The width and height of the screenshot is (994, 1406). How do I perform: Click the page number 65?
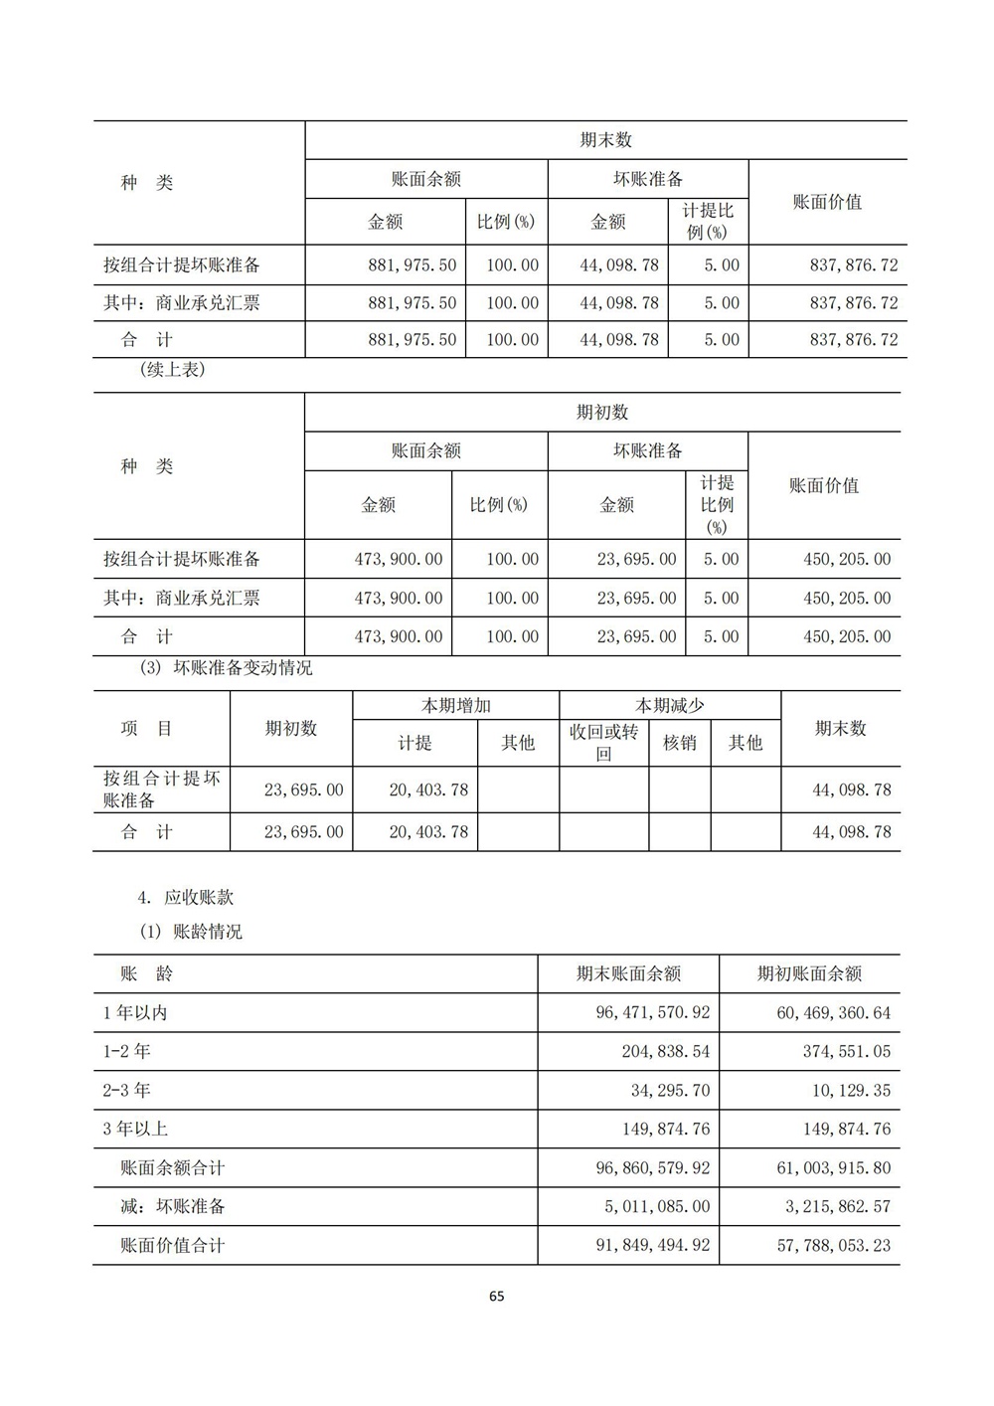[497, 1296]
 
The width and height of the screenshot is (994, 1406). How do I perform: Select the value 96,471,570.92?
[653, 1013]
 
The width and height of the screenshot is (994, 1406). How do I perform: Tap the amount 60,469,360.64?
[834, 1013]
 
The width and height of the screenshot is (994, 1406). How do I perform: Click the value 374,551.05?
[847, 1051]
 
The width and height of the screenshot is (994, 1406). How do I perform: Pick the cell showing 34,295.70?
[670, 1090]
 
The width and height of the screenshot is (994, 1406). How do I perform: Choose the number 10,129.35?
[851, 1090]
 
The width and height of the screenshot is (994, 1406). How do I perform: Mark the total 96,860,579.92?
[653, 1167]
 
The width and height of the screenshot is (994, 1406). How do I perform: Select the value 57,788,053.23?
[834, 1245]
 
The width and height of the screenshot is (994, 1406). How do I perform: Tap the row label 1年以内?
[135, 1013]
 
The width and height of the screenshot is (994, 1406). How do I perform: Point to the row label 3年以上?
[135, 1129]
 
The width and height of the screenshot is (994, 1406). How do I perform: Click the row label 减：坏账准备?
[173, 1206]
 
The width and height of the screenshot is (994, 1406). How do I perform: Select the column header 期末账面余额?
[628, 973]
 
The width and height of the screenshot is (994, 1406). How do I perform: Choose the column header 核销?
[680, 743]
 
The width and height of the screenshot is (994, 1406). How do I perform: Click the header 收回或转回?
[603, 743]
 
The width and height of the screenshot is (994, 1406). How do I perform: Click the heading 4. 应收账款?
[186, 897]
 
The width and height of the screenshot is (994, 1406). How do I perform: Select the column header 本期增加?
[455, 706]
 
